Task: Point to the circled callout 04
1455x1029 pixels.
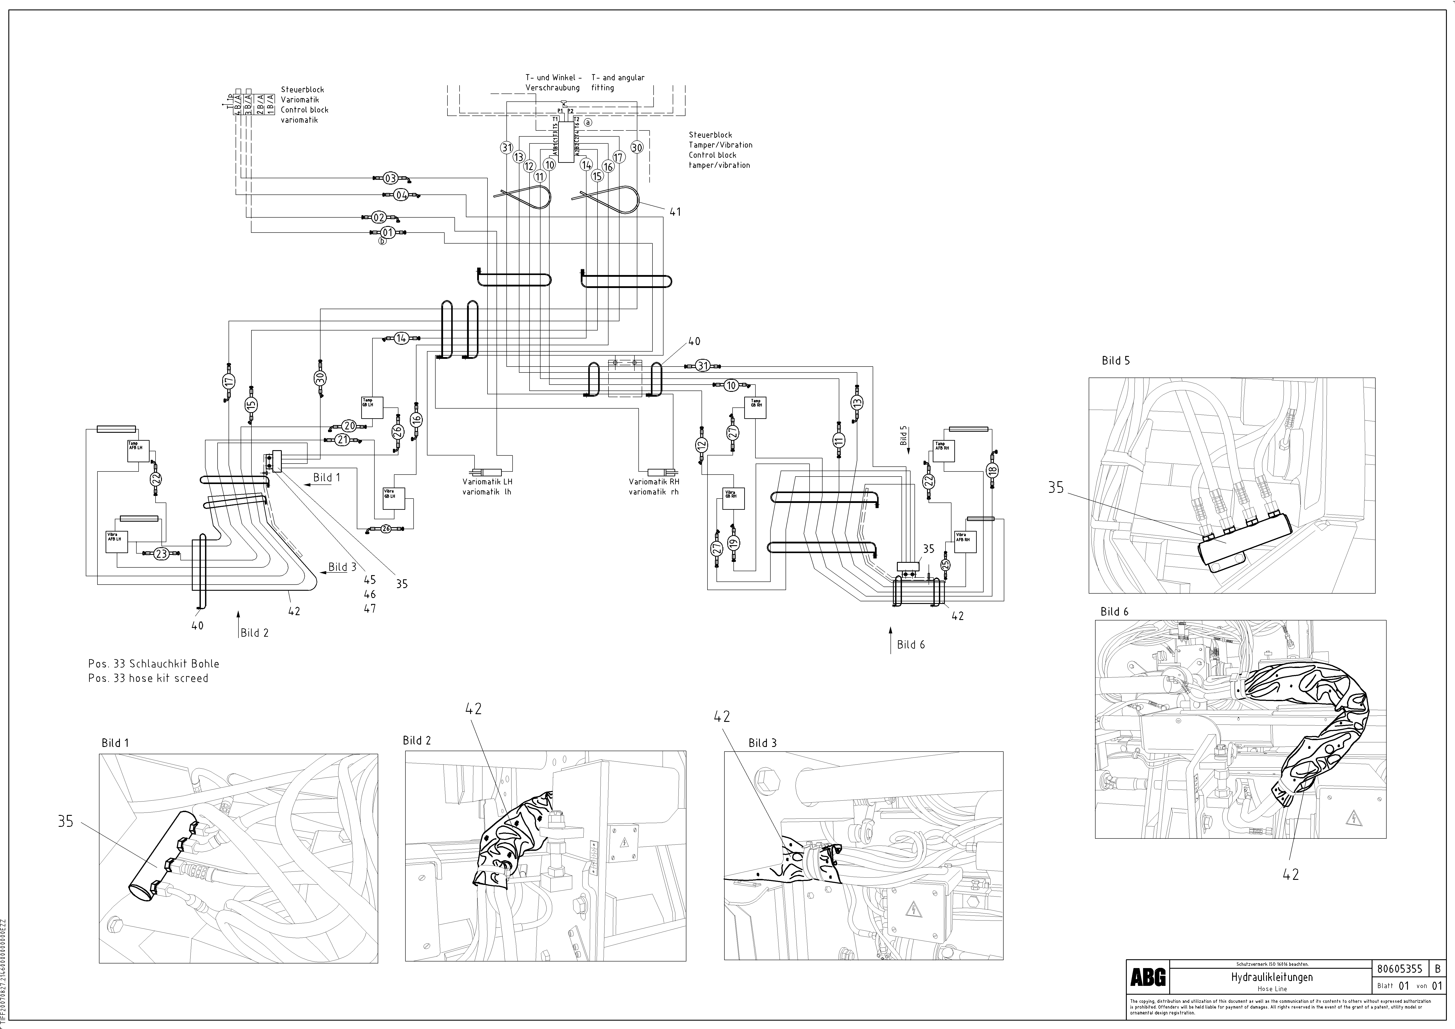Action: point(401,195)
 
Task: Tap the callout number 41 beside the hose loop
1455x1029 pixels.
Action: point(675,212)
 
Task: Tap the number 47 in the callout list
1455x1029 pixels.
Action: point(369,608)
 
